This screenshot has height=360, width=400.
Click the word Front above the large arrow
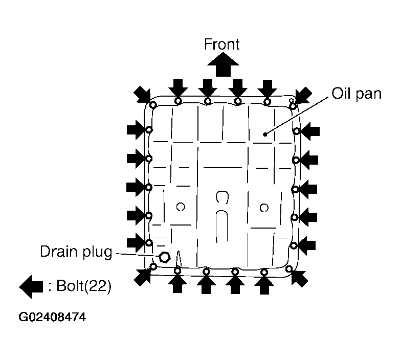pos(221,44)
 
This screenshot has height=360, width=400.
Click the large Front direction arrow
pos(223,64)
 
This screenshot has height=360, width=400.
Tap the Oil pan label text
pos(357,94)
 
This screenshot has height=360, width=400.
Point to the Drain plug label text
pos(76,252)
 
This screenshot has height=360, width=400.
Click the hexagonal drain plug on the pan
pos(165,257)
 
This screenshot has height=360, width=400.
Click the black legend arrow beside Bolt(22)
pos(31,286)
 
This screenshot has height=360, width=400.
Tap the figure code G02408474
pos(52,317)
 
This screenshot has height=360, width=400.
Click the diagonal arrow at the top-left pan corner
pos(142,94)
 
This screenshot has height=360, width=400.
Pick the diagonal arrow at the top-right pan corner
pos(303,95)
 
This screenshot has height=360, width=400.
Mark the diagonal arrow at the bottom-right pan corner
pos(300,278)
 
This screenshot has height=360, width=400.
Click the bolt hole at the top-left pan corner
pos(153,105)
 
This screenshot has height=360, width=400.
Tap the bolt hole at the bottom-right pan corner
pos(289,268)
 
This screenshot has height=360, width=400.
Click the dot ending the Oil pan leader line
pos(265,134)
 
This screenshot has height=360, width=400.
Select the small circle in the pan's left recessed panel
pos(181,207)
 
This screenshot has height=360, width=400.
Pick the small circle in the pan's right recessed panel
pos(264,208)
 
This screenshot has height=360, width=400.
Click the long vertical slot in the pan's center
pos(221,227)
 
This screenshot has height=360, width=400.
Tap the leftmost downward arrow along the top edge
pos(178,88)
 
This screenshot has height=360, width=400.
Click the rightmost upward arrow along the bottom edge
pos(264,285)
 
